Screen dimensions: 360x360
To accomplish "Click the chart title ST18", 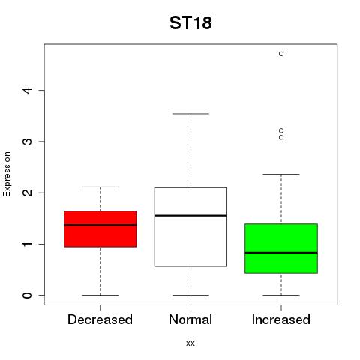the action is tap(190, 22).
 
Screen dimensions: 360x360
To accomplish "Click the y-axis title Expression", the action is tap(7, 174).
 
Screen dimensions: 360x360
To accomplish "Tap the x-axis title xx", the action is tap(190, 343).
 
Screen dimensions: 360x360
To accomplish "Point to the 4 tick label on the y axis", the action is tap(28, 90).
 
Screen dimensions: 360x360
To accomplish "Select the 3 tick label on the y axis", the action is tap(28, 142).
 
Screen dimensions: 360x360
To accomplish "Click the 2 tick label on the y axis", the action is tap(28, 193).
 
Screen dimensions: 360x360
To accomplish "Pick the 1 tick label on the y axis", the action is tap(28, 244).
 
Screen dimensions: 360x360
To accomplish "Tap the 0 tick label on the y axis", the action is tap(28, 295).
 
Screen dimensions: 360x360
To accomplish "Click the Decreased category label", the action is tap(100, 319).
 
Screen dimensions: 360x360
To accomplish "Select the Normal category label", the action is tap(190, 319).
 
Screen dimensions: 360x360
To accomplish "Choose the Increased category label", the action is tap(281, 319).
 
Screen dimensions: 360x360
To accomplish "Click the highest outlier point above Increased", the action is tap(281, 54).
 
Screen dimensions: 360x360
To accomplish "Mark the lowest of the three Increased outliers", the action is tap(281, 137).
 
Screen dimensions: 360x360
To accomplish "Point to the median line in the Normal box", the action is tap(190, 215).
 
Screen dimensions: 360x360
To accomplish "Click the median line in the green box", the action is tap(281, 253).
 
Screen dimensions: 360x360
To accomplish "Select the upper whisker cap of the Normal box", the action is tap(190, 114).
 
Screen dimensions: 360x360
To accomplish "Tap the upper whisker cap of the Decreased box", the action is tap(100, 187).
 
